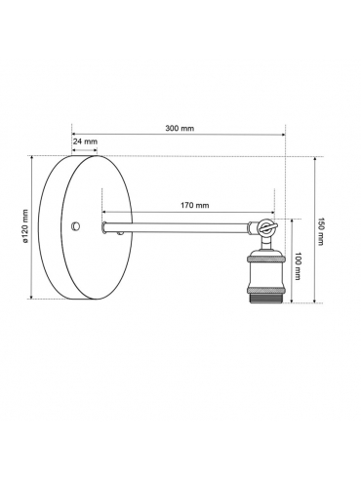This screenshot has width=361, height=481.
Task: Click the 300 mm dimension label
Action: click(180, 128)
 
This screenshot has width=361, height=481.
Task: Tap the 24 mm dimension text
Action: click(85, 141)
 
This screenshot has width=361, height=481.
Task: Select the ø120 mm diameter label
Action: click(25, 226)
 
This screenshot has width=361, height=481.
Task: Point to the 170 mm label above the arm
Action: click(195, 205)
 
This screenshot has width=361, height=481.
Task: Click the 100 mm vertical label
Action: click(298, 266)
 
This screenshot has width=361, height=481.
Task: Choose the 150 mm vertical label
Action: click(320, 231)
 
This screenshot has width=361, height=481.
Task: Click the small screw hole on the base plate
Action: click(76, 225)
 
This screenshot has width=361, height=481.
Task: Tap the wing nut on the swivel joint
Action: click(266, 226)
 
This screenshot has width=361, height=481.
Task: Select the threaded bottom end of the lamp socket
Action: click(265, 297)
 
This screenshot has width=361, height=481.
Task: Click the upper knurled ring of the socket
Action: click(265, 259)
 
